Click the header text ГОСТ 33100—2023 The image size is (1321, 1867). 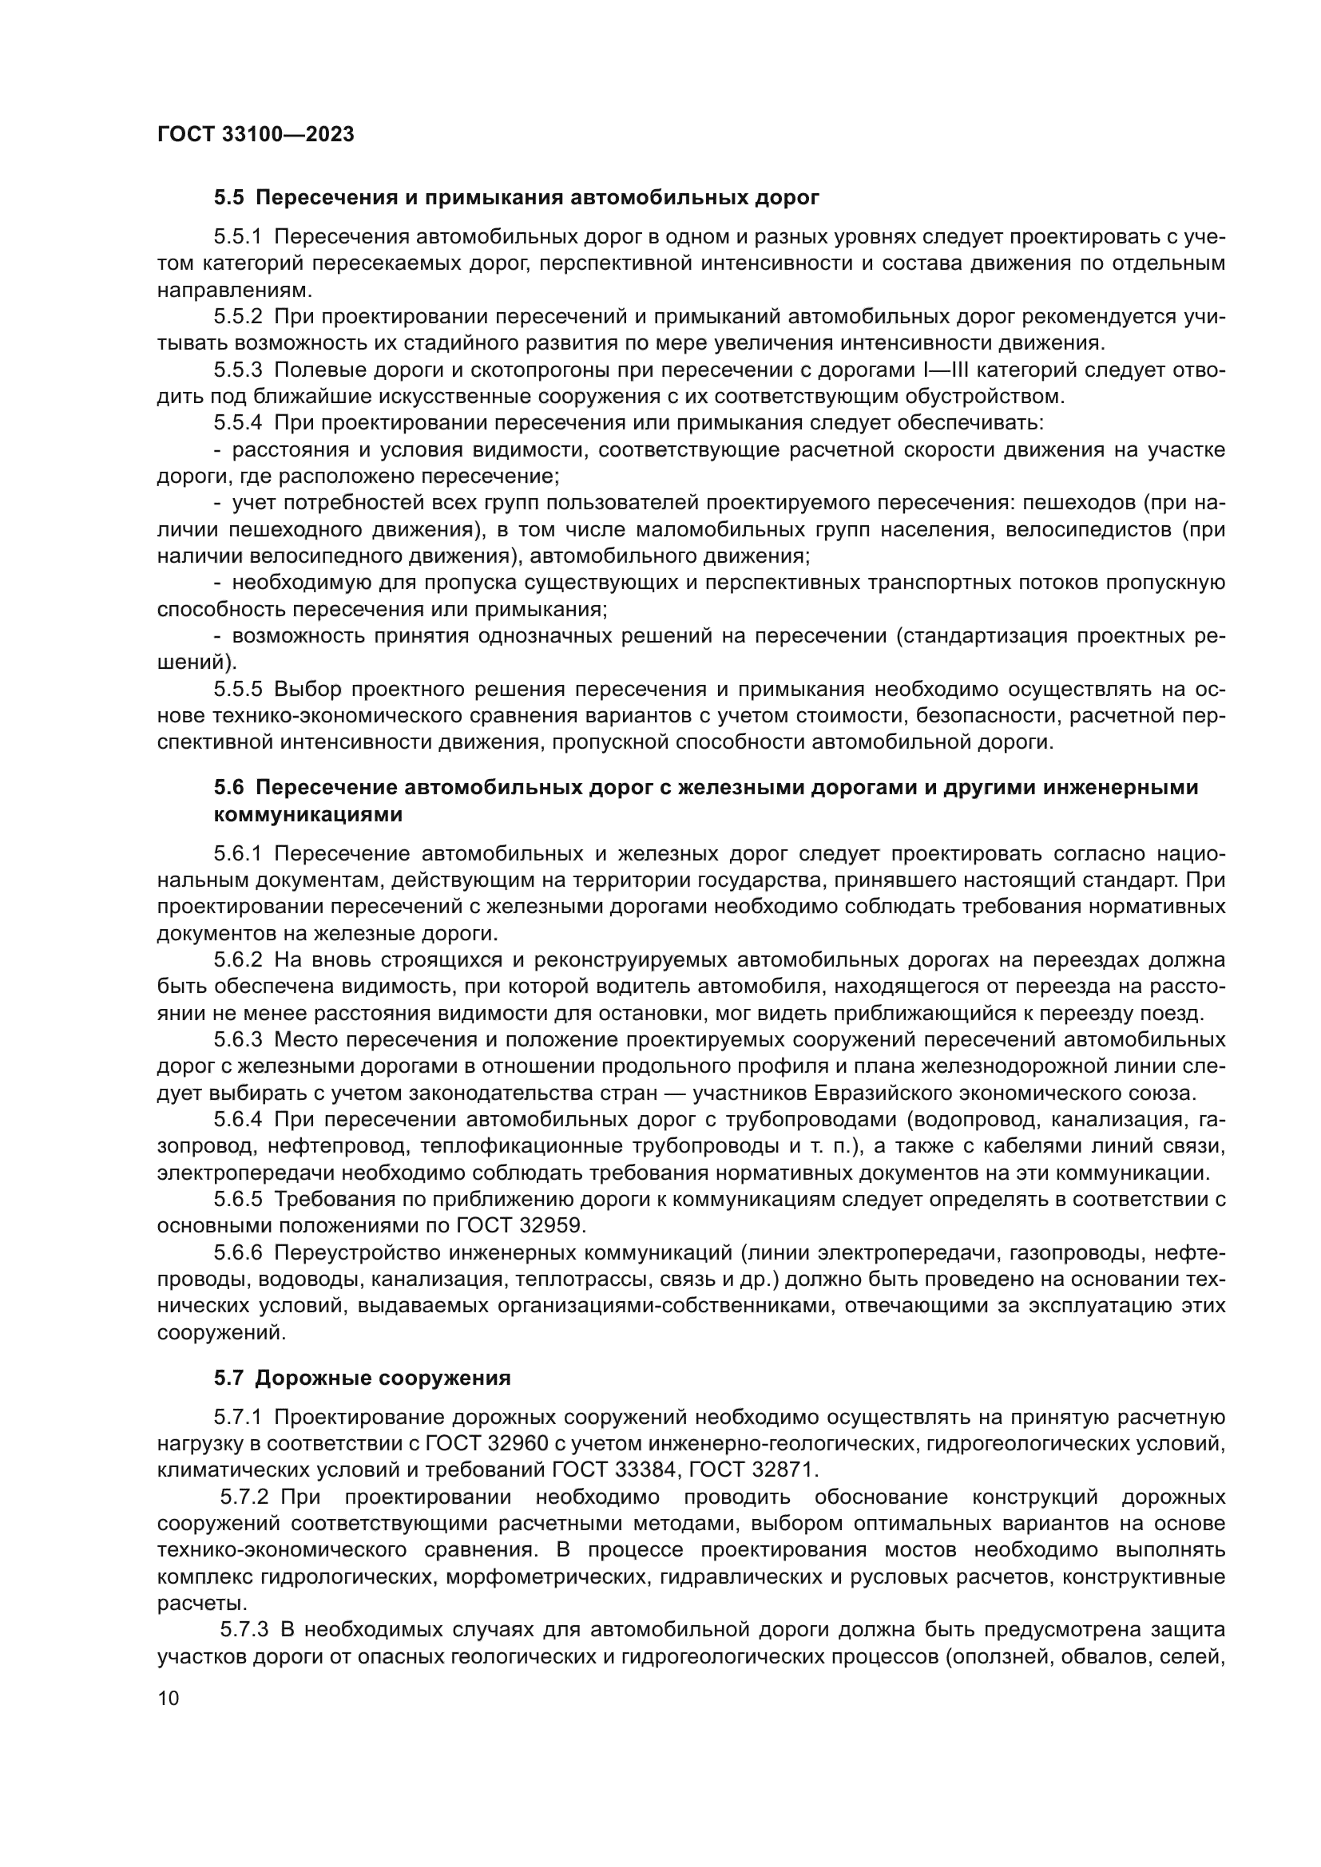(256, 134)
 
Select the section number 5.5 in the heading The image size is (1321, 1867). (228, 198)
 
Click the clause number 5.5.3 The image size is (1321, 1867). (238, 370)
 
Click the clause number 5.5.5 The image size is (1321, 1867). (238, 690)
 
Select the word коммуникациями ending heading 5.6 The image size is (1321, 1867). (308, 814)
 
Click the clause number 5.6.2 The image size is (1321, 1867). (238, 960)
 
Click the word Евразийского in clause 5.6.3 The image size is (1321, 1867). (822, 1093)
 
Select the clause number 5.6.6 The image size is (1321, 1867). (238, 1253)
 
